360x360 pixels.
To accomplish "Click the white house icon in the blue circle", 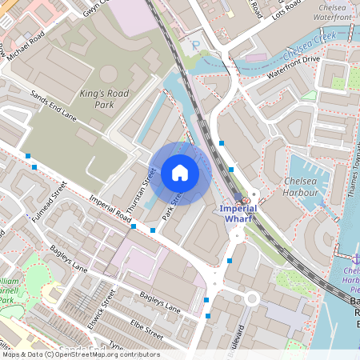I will pos(179,173).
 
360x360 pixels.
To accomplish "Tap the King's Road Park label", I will pos(104,99).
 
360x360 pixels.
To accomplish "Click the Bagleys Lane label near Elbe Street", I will pos(161,302).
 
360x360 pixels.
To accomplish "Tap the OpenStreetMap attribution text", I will pos(80,354).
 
